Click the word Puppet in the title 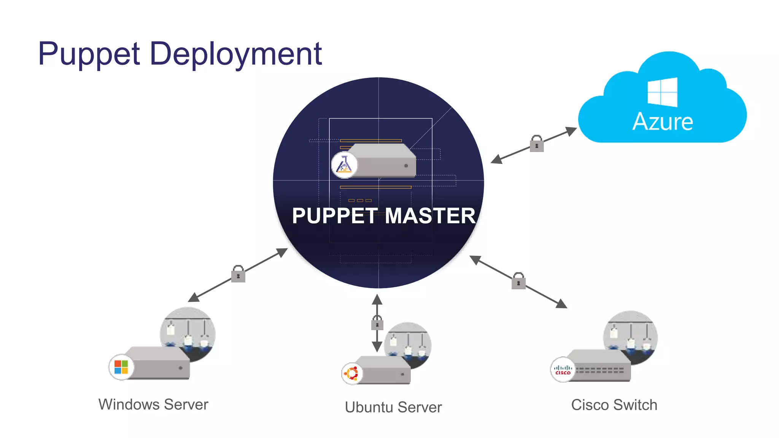(x=89, y=54)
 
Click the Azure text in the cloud (x=663, y=122)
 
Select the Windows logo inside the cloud (x=662, y=92)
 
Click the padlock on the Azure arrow (x=537, y=144)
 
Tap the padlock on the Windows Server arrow (x=238, y=274)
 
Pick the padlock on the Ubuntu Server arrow (x=377, y=323)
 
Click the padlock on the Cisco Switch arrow (x=518, y=281)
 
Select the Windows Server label (x=153, y=405)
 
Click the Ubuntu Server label (x=393, y=407)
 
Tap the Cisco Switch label (x=614, y=405)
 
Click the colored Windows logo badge (x=121, y=367)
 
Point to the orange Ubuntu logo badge (x=352, y=373)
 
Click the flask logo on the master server (x=344, y=165)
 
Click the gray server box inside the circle (x=384, y=162)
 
